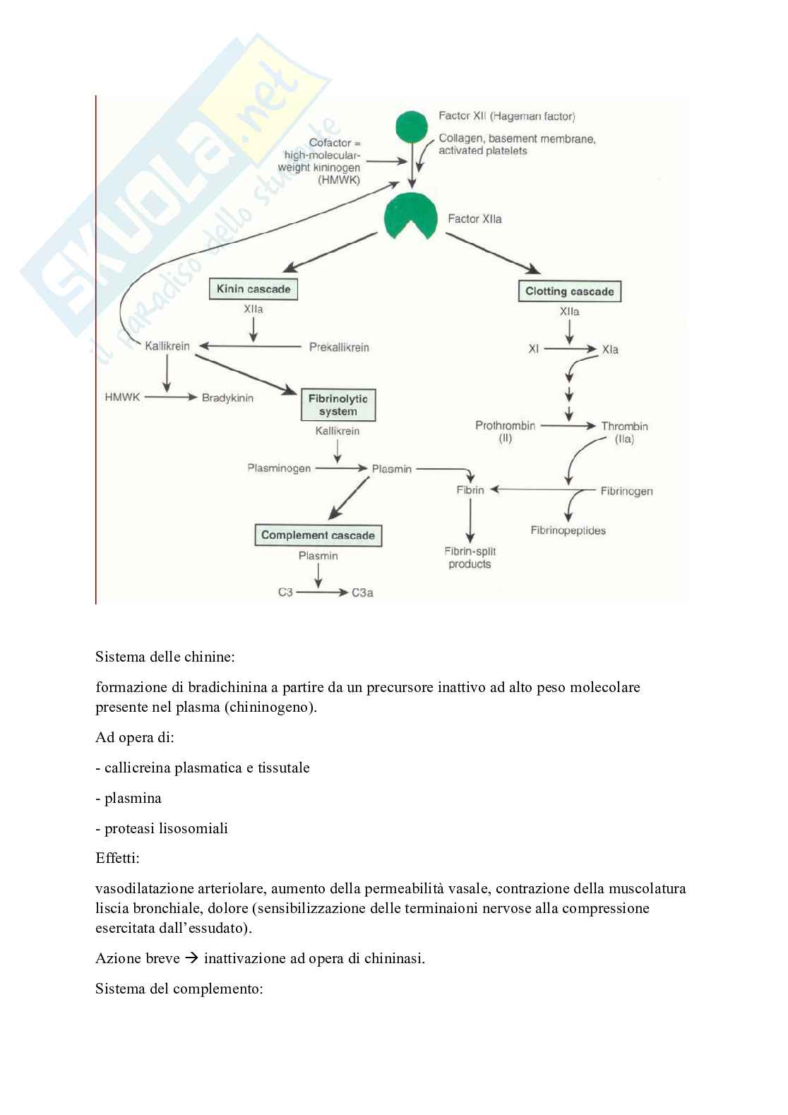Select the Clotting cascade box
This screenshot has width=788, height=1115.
click(x=569, y=292)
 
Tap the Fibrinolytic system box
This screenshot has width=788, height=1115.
click(x=338, y=405)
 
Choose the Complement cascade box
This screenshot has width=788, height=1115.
click(x=318, y=535)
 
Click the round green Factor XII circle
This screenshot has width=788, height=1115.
click(x=412, y=127)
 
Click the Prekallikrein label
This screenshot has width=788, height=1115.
click(x=339, y=347)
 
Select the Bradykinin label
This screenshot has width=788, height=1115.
click(x=227, y=398)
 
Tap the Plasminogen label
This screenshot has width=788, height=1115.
click(x=279, y=468)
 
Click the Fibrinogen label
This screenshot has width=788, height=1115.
click(x=626, y=491)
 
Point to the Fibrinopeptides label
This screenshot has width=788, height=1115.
click(x=568, y=530)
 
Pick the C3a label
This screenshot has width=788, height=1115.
click(x=362, y=592)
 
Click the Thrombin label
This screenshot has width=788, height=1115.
click(x=624, y=426)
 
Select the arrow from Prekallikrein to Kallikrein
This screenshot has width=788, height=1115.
click(x=251, y=346)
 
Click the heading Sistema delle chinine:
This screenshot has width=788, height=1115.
click(x=165, y=657)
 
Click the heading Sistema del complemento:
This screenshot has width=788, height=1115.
click(x=179, y=989)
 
